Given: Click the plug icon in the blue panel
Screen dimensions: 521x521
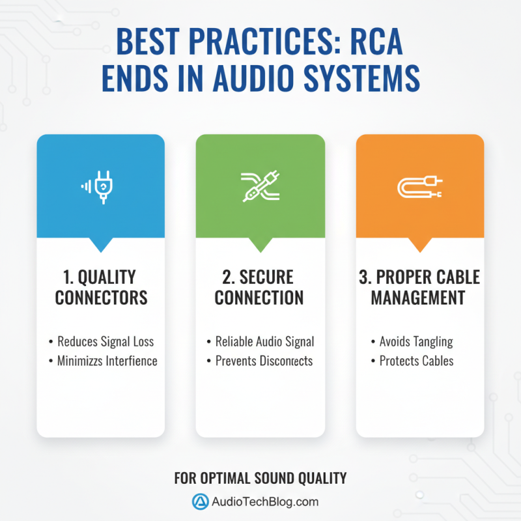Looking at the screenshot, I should pos(100,186).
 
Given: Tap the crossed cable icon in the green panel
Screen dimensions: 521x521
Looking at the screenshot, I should pos(260,186).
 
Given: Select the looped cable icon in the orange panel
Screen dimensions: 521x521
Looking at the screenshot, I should pos(419,187).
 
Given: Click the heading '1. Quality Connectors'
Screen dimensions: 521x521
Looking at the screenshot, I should pos(101,287).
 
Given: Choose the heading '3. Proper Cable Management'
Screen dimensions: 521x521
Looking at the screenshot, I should pos(419,287).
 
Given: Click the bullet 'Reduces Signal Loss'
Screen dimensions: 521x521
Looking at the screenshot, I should pos(106,341).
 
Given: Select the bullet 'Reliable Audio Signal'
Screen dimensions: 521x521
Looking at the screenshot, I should pos(264,341).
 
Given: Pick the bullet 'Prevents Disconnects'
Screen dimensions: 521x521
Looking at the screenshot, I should pos(264,361).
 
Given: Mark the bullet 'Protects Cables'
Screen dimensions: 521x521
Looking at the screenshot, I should pos(416,361).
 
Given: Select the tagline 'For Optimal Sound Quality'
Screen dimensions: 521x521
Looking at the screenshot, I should pos(260,479).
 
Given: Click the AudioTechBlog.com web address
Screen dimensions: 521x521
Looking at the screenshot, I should pos(266,501).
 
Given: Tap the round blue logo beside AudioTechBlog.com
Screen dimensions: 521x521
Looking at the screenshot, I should pos(199,501).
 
